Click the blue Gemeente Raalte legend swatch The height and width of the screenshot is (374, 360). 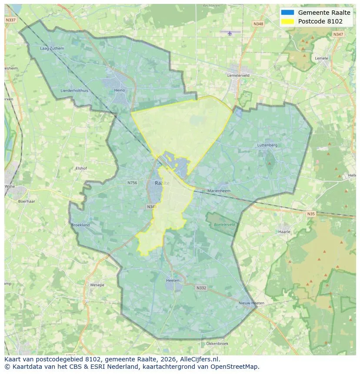[288, 13]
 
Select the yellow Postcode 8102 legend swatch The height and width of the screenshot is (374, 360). [288, 21]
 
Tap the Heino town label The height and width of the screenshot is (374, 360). [119, 90]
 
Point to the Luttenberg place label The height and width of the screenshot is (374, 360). [267, 145]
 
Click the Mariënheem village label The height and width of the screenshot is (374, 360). [219, 191]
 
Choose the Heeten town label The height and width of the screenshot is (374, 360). [173, 281]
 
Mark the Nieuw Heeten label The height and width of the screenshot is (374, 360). [251, 303]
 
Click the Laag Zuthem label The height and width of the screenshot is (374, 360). [52, 48]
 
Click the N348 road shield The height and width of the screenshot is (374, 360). [258, 24]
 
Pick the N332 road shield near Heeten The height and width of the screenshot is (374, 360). [201, 288]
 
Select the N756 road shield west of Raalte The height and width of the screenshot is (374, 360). [132, 183]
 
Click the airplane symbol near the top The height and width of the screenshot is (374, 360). [230, 33]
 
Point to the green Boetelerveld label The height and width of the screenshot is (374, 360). [224, 225]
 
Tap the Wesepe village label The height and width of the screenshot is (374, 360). [97, 285]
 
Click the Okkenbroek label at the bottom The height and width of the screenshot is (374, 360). [217, 343]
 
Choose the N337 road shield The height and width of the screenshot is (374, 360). [10, 20]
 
